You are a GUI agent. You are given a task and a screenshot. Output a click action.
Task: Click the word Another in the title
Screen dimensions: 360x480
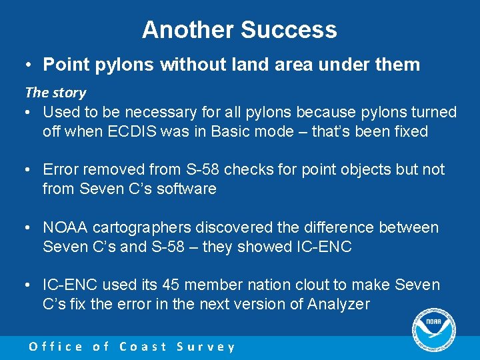click(188, 30)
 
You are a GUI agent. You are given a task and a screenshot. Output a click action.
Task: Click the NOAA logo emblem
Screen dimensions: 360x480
click(433, 329)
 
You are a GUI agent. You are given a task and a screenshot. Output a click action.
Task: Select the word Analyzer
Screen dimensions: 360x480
click(342, 305)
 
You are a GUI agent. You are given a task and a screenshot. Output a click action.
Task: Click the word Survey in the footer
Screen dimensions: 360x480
click(206, 347)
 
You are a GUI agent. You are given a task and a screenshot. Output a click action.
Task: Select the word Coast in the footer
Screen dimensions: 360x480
click(143, 347)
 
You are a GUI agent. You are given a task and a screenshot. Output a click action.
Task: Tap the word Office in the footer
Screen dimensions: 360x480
click(56, 347)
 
